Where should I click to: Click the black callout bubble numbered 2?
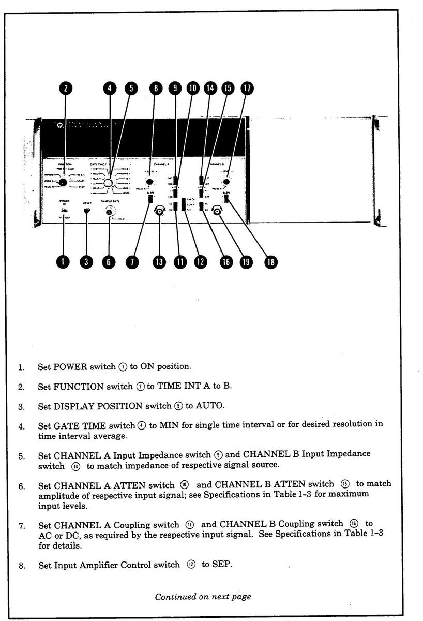pos(66,88)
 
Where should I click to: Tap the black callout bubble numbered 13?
pos(159,262)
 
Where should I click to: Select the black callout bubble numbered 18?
pos(269,262)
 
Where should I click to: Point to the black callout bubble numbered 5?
pos(131,88)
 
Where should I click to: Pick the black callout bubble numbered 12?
pos(200,262)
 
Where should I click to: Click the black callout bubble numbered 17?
pos(247,88)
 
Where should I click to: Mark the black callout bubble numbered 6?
pos(109,262)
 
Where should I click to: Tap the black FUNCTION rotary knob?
pos(64,182)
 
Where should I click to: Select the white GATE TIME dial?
pos(109,184)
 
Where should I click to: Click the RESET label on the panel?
pos(87,203)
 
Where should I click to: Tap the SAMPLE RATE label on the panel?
pos(110,201)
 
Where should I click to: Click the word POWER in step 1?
pos(68,367)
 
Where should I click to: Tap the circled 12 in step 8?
pos(191,565)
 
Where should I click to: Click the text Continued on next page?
pos(203,596)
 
